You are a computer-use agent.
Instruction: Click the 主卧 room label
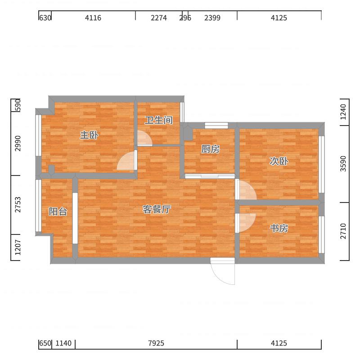[x=89, y=135]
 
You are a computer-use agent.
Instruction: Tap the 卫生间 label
[x=159, y=120]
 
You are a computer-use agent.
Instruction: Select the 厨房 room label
[x=210, y=149]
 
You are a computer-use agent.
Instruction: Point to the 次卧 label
[x=279, y=161]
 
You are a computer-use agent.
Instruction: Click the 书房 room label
[x=279, y=228]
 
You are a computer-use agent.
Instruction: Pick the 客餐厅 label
[x=157, y=209]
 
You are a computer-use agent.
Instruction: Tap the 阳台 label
[x=58, y=211]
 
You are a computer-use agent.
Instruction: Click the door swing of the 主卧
[x=121, y=157]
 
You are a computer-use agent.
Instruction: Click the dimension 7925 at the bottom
[x=156, y=343]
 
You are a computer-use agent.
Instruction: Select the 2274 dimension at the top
[x=159, y=18]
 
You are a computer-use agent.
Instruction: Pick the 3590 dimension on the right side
[x=343, y=163]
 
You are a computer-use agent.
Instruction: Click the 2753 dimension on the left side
[x=18, y=204]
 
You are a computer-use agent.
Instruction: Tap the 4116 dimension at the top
[x=93, y=18]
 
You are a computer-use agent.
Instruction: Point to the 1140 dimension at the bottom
[x=63, y=343]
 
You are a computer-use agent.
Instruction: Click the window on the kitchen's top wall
[x=216, y=126]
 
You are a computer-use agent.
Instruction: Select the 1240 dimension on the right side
[x=343, y=112]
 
